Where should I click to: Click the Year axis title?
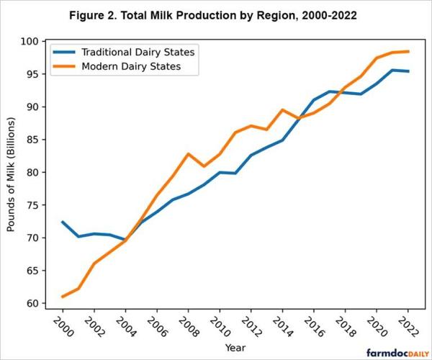pos(234,348)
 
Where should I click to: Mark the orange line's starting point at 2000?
pos(63,297)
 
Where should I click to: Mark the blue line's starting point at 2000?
pos(63,222)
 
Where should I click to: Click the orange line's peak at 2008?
pos(189,154)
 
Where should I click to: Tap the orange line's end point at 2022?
pos(408,51)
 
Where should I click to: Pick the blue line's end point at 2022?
pos(408,71)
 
